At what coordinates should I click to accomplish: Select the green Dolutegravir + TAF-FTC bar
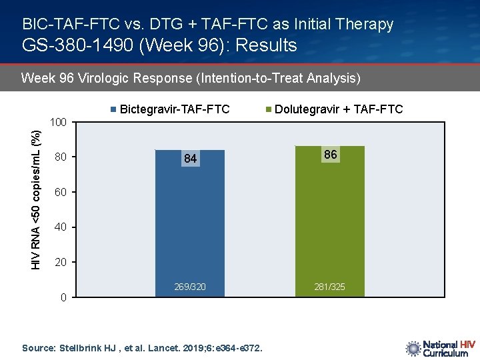pyautogui.click(x=330, y=220)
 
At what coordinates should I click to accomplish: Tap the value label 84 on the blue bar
pyautogui.click(x=191, y=159)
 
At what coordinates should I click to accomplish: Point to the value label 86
pyautogui.click(x=331, y=155)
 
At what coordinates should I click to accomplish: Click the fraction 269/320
pyautogui.click(x=190, y=287)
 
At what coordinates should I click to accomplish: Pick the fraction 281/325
pyautogui.click(x=330, y=287)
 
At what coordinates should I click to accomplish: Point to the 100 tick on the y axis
pyautogui.click(x=59, y=123)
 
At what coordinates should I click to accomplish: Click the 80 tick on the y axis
pyautogui.click(x=61, y=158)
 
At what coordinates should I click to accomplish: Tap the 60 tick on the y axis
pyautogui.click(x=61, y=193)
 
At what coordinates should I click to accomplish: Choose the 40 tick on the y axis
pyautogui.click(x=61, y=227)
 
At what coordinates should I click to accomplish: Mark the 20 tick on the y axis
pyautogui.click(x=61, y=263)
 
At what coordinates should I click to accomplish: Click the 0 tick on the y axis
pyautogui.click(x=63, y=297)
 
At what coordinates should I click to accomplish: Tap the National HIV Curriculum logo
pyautogui.click(x=440, y=349)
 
